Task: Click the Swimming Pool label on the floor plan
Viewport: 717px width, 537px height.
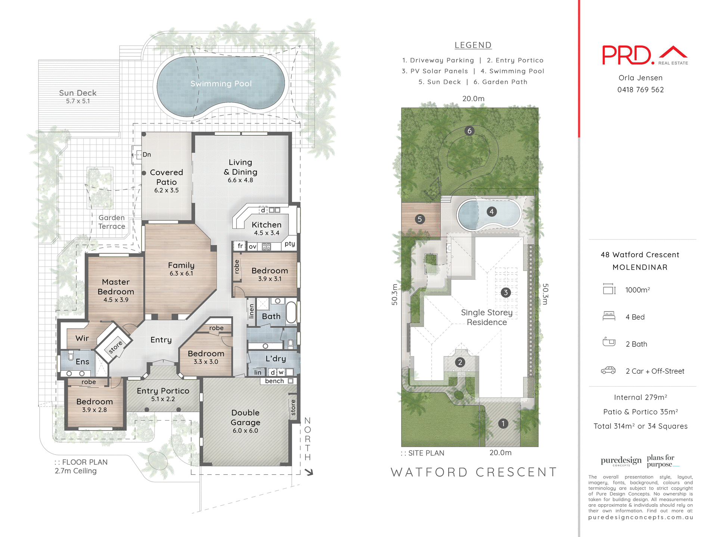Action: coord(221,84)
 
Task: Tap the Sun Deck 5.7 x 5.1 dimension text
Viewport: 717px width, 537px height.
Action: coord(78,101)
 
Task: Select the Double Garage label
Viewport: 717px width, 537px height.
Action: coord(245,418)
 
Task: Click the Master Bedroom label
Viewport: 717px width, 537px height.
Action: coord(116,287)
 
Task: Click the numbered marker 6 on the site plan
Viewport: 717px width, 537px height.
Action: coord(469,131)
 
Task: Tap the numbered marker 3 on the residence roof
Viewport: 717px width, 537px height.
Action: coord(506,292)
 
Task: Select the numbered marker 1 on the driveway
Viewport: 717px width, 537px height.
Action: coord(503,424)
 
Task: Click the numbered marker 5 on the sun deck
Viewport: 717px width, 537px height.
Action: coord(420,219)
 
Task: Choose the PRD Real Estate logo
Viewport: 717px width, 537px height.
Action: coord(644,56)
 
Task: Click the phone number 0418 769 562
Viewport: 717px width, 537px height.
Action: coord(640,90)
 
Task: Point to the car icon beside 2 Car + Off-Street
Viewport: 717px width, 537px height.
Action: coord(608,370)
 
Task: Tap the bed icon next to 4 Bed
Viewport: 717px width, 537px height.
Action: coord(609,316)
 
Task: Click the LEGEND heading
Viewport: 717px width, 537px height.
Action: coord(473,45)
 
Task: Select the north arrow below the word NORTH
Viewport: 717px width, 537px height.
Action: coord(309,472)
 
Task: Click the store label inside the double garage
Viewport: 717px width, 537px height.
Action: coord(293,407)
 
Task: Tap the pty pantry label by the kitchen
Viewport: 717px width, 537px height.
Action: coord(290,244)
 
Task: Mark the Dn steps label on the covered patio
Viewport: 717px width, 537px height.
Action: coord(147,154)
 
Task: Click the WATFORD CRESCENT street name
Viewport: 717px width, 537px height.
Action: coord(474,472)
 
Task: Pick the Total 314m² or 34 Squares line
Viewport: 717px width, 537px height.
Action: coord(640,426)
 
